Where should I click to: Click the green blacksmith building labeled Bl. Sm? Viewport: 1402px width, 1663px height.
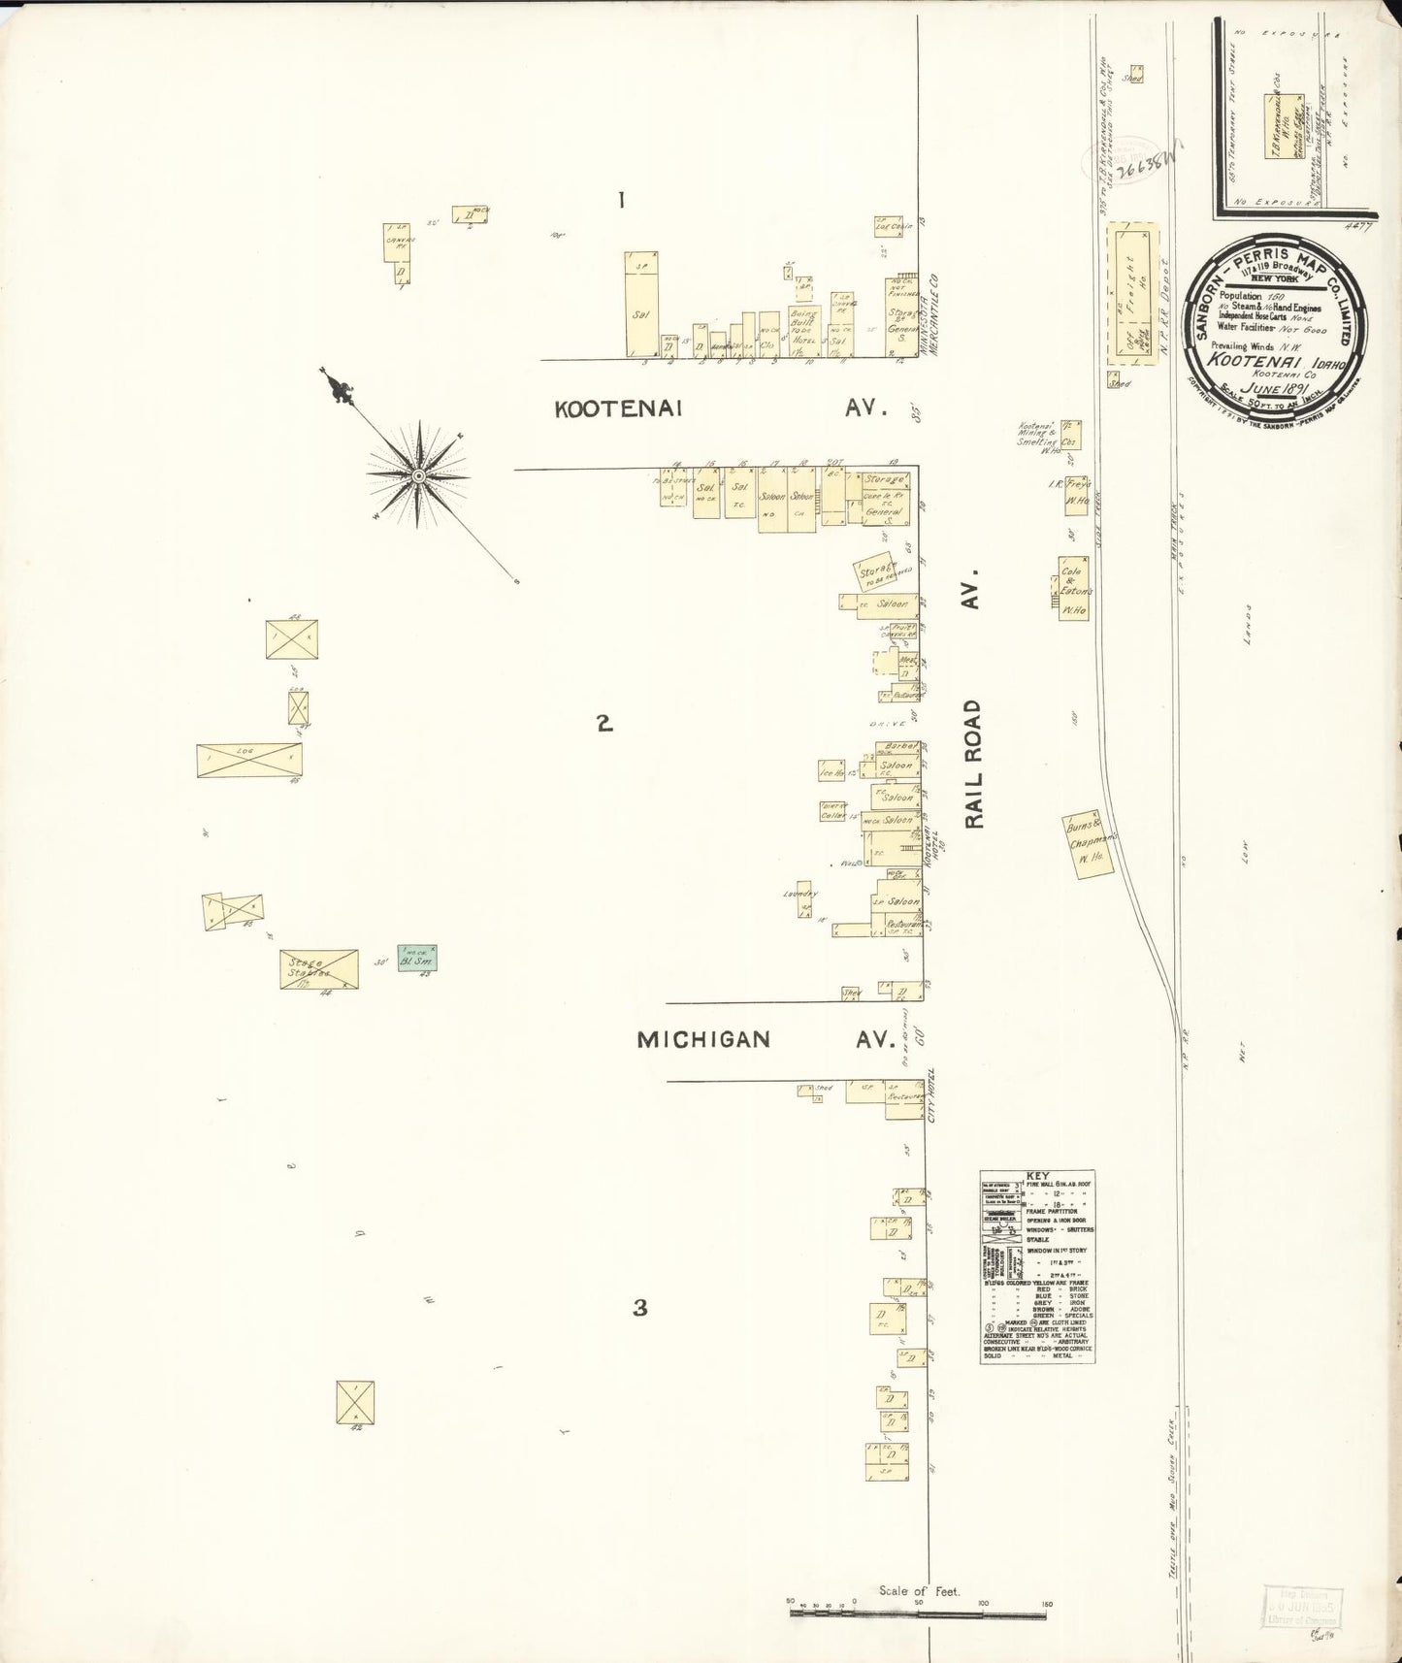point(417,958)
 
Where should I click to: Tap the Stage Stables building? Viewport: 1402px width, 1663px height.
point(318,969)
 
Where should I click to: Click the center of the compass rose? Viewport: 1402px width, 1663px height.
point(418,475)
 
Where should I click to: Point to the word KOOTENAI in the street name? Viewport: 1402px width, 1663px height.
point(618,409)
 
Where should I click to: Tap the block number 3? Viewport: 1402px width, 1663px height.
point(639,1308)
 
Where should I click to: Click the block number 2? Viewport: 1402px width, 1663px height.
point(604,723)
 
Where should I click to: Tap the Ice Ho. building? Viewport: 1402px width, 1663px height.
point(832,773)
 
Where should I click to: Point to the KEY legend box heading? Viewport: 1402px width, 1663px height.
point(1037,1176)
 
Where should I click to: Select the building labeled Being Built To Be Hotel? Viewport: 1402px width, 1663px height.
point(804,329)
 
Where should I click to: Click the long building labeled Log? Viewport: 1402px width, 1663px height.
point(248,760)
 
